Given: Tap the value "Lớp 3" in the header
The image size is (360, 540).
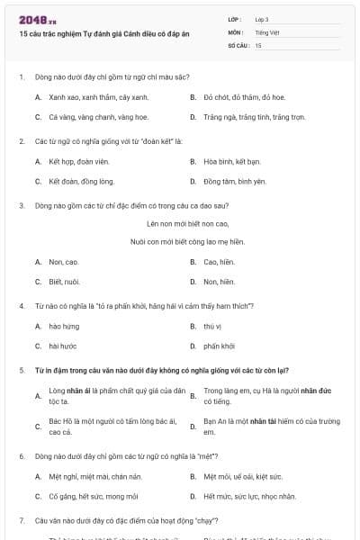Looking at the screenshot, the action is (x=262, y=19).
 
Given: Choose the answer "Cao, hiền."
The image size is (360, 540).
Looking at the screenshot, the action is (x=219, y=262).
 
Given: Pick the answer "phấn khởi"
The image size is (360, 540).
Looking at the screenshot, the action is (x=219, y=346).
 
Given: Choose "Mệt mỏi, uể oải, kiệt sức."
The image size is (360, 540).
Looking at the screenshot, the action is (x=242, y=476).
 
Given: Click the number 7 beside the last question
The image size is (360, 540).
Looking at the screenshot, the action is (x=21, y=520).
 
